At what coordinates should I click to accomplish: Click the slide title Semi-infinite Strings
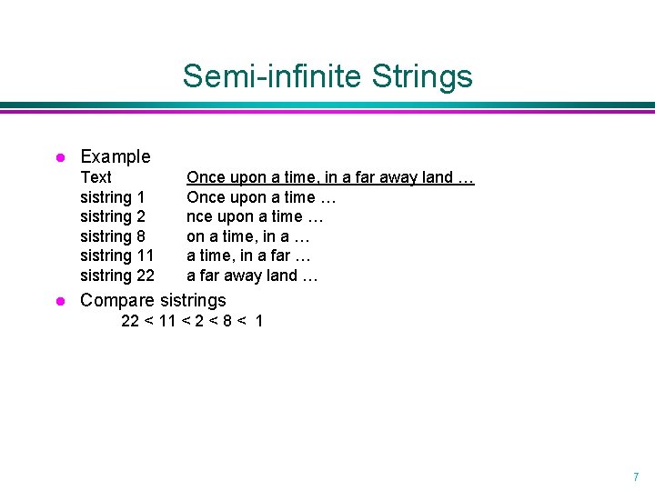click(x=327, y=75)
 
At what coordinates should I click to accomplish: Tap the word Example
click(x=116, y=156)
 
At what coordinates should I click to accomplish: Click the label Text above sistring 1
click(x=96, y=177)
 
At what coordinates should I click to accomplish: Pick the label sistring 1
click(x=113, y=197)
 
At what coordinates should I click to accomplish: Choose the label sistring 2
click(x=113, y=216)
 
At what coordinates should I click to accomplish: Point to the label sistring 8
click(x=113, y=236)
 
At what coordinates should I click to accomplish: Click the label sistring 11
click(x=117, y=256)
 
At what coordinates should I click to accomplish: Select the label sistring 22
click(x=117, y=276)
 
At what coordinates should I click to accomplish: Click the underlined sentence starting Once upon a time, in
click(x=330, y=177)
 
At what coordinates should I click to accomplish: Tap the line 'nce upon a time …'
click(x=255, y=216)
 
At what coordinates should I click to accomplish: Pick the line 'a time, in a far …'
click(x=249, y=256)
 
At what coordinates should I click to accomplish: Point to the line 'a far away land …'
click(x=252, y=276)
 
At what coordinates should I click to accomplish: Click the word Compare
click(x=117, y=300)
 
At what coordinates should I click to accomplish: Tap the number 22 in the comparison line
click(x=131, y=321)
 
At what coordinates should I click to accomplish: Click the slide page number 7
click(x=635, y=476)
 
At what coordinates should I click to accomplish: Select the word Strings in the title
click(x=422, y=75)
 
